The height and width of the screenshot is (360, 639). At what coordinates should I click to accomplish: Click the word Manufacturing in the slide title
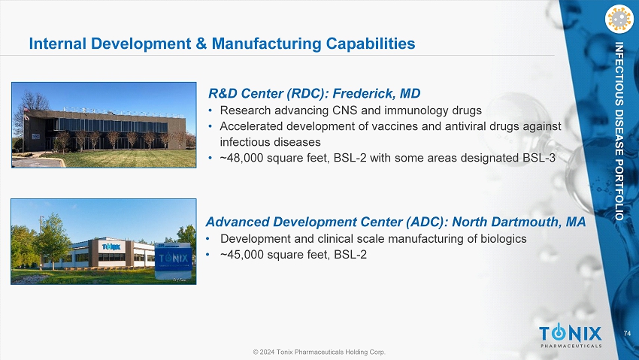(267, 44)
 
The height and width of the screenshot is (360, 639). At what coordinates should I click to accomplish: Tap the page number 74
(627, 334)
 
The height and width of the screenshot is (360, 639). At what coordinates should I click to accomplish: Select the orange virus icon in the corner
(619, 19)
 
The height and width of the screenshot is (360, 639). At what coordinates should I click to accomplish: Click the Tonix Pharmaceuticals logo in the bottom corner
(571, 336)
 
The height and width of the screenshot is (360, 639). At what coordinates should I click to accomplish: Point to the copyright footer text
(319, 352)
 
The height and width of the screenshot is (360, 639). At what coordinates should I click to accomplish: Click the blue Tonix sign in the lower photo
(173, 258)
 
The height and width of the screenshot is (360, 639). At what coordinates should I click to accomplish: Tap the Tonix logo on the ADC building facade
(111, 247)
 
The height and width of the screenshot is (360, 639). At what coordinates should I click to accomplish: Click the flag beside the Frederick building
(26, 110)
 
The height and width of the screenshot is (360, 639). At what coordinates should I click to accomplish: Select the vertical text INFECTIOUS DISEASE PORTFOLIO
(619, 131)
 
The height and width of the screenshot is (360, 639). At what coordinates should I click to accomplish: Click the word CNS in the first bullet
(345, 110)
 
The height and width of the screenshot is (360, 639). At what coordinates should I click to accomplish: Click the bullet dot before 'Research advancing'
(210, 110)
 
